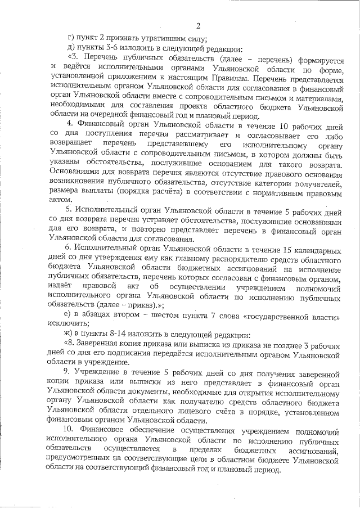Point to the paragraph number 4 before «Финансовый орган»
coord(69,123)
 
